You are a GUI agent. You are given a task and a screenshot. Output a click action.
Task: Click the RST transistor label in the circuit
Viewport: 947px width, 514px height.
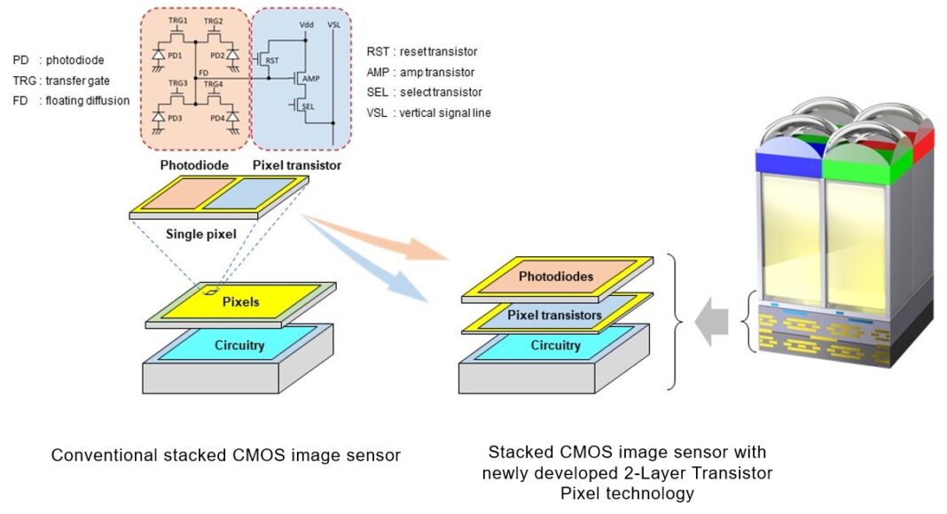coord(273,60)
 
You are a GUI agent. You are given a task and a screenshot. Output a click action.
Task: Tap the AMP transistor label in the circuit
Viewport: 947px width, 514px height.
coord(310,80)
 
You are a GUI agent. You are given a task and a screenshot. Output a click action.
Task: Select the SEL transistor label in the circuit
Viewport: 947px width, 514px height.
coord(308,105)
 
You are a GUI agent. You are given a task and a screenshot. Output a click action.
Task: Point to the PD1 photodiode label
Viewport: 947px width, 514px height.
coord(175,55)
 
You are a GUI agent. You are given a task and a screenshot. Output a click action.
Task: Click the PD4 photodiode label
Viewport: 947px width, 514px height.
coord(216,118)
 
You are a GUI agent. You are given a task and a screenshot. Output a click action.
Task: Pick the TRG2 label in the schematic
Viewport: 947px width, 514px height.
coord(213,20)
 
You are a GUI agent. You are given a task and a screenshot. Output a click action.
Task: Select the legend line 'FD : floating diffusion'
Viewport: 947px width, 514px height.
coord(71,100)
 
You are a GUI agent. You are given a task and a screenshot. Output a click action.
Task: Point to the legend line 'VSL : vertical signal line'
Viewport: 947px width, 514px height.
coord(428,113)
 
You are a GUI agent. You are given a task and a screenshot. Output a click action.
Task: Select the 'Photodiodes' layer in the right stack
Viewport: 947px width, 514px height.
coord(555,276)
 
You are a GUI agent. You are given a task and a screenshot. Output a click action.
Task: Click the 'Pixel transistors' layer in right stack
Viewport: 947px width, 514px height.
coord(555,315)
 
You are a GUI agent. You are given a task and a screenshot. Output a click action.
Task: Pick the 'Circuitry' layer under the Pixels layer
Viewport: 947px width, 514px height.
coord(239,345)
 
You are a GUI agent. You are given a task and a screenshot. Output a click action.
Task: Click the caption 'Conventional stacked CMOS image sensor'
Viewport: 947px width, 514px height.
coord(226,456)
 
